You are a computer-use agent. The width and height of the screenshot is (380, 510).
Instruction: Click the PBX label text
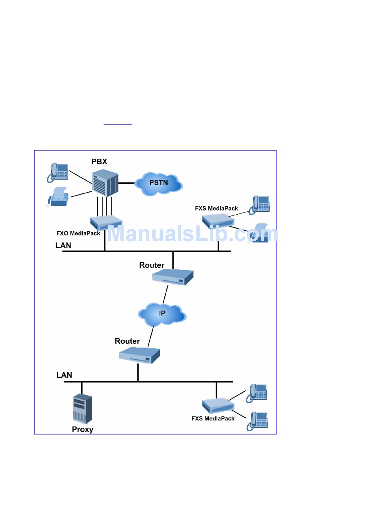99,162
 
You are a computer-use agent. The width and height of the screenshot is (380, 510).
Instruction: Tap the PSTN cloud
159,184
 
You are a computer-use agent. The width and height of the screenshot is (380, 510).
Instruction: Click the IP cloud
162,314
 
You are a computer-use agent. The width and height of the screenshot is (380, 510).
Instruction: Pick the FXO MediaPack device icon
105,222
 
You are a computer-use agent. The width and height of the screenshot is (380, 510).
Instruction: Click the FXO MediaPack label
78,233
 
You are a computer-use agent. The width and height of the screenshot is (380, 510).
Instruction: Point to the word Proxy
82,430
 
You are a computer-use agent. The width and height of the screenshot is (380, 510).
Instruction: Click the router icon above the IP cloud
173,276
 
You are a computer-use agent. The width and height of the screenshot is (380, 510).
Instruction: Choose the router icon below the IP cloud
139,355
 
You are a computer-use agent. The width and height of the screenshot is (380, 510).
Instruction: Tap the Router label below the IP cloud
127,341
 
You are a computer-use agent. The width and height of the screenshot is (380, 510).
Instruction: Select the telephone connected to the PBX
58,172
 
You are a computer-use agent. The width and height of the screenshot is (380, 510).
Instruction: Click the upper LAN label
63,245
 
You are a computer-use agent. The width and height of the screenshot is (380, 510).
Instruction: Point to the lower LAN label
64,375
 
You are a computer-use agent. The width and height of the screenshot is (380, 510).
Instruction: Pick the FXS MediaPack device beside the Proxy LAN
217,405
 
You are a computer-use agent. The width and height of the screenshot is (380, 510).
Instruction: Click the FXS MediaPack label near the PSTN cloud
216,208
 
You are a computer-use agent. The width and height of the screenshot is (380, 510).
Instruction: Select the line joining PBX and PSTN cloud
127,183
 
